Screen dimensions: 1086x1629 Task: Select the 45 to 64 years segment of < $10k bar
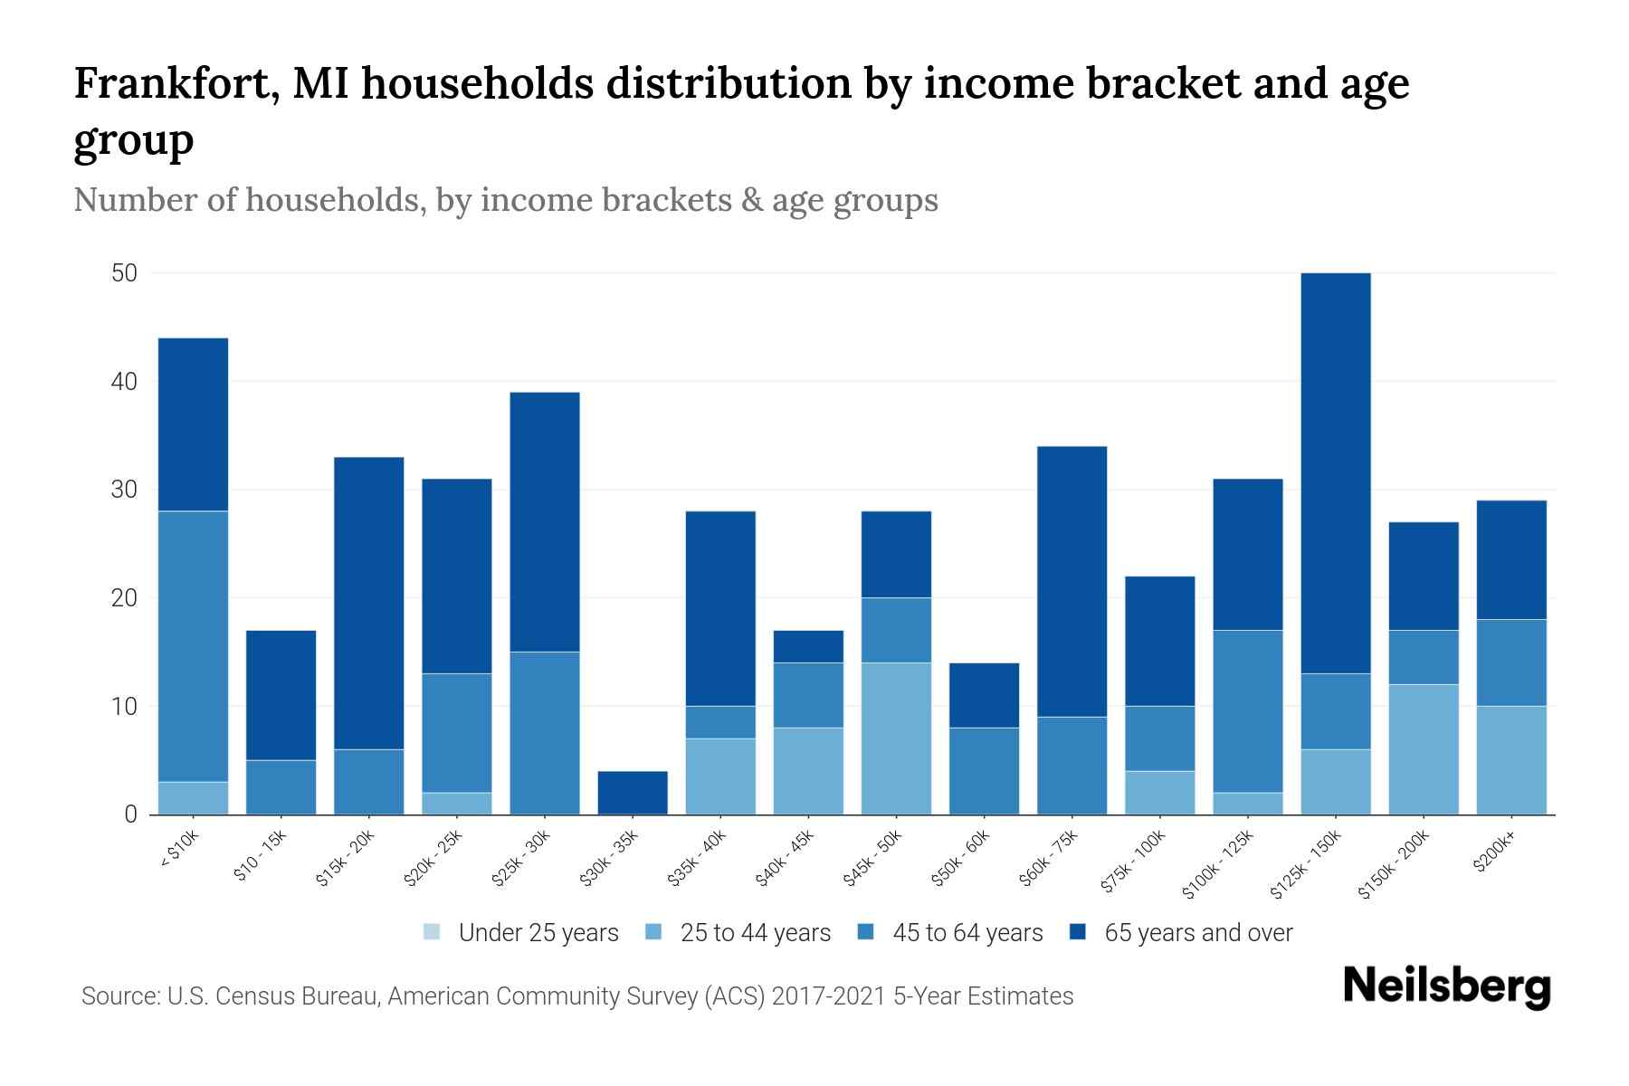click(193, 646)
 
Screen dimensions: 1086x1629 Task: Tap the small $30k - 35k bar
click(633, 793)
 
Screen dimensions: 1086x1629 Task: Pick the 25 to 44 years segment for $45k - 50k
click(896, 738)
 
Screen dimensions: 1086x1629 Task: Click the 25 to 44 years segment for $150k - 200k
click(1424, 749)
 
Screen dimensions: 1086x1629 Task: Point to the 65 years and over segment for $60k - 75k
click(1072, 581)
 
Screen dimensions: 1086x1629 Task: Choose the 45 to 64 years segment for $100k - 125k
click(1248, 711)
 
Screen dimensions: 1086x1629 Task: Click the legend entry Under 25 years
click(538, 933)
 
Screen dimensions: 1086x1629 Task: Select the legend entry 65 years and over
click(1197, 933)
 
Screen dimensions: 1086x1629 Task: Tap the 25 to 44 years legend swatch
click(653, 932)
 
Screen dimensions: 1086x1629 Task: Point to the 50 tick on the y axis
click(124, 273)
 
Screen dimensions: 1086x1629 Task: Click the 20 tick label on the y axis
click(124, 598)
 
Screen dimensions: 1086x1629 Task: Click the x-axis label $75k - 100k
click(1133, 863)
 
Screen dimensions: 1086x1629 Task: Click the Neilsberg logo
click(1446, 986)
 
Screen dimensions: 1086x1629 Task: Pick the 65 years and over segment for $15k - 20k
click(368, 603)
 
